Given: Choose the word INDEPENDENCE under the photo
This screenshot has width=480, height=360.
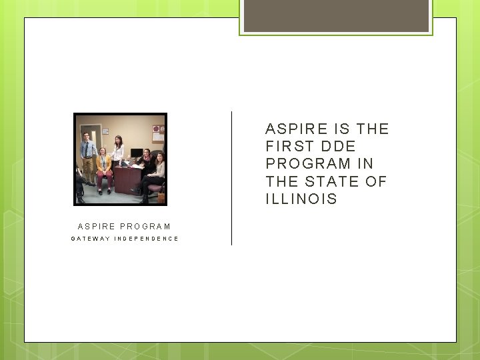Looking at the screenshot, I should pos(147,239).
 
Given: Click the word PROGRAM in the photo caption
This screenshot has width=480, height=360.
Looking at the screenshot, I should pos(145,227).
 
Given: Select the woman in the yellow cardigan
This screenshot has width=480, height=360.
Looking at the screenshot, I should pos(103,168).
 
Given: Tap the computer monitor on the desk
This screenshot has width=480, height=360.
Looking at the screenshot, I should pos(136,154).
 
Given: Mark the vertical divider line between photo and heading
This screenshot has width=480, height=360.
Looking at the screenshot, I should pos(231,178).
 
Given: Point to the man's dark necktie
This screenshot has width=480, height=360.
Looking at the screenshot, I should pos(87,149).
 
